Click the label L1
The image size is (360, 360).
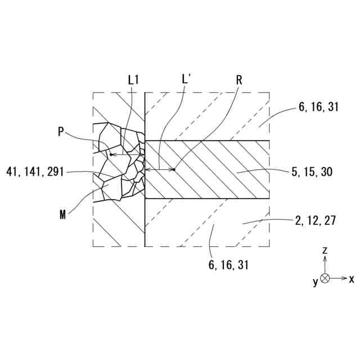click(133, 80)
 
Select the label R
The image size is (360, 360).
click(239, 80)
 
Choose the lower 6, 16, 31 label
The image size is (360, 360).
click(228, 264)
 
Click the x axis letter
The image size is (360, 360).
click(352, 278)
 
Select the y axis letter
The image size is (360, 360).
click(316, 282)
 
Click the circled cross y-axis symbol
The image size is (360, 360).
click(325, 278)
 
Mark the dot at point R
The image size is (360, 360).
click(174, 169)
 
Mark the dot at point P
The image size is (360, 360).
click(111, 154)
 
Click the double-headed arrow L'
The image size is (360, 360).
click(159, 169)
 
